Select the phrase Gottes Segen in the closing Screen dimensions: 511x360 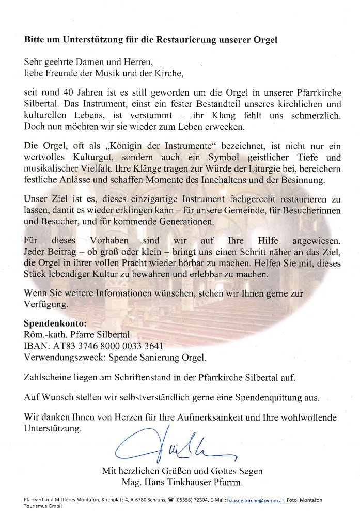click(237, 471)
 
